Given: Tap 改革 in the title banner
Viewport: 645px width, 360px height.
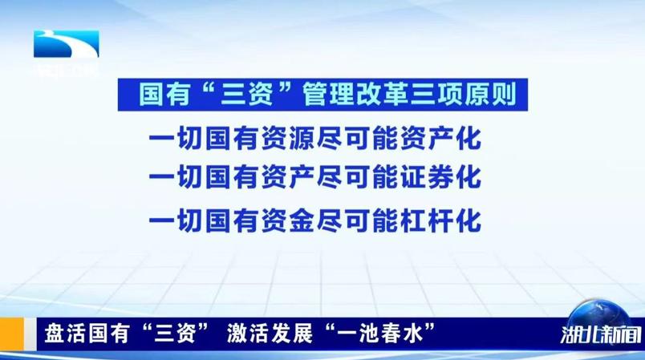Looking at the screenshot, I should [x=384, y=97].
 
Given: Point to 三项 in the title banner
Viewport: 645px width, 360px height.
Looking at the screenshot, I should [x=446, y=97].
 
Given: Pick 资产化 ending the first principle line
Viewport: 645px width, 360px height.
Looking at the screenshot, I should [x=442, y=138].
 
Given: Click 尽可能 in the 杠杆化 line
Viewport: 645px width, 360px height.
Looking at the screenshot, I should [x=355, y=218].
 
